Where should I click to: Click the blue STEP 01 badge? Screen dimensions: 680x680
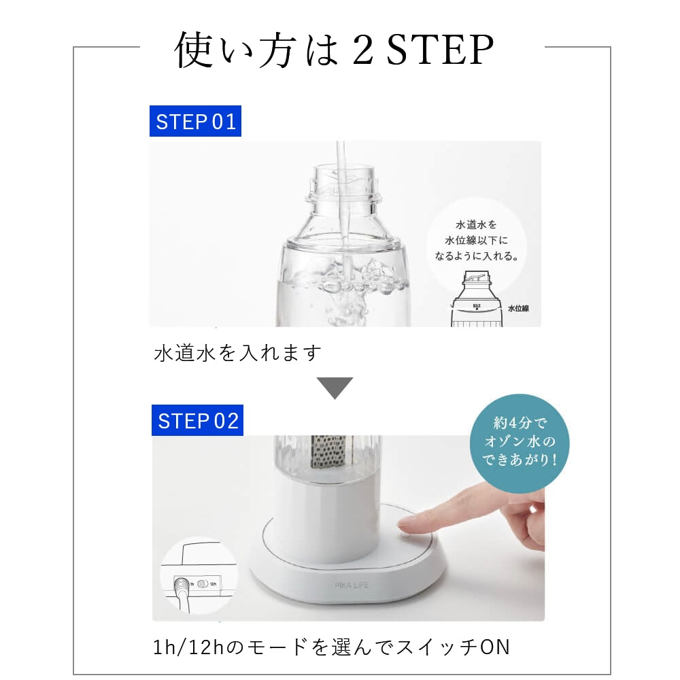click(x=195, y=121)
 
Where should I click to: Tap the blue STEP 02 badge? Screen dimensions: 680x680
click(x=197, y=420)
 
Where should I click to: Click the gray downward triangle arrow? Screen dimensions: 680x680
click(x=335, y=388)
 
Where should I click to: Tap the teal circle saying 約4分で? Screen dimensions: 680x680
click(x=520, y=443)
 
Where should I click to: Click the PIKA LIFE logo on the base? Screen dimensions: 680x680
click(x=352, y=585)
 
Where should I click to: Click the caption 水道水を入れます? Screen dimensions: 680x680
click(x=237, y=352)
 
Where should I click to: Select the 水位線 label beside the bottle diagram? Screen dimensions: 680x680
click(x=518, y=308)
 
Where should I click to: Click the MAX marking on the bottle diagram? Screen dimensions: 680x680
click(x=477, y=306)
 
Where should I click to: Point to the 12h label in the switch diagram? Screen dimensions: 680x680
click(x=213, y=584)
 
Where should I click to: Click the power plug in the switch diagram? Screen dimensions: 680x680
click(x=182, y=586)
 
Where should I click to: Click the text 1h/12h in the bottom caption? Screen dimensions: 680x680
click(x=188, y=647)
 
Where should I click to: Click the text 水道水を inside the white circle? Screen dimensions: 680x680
click(x=476, y=224)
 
